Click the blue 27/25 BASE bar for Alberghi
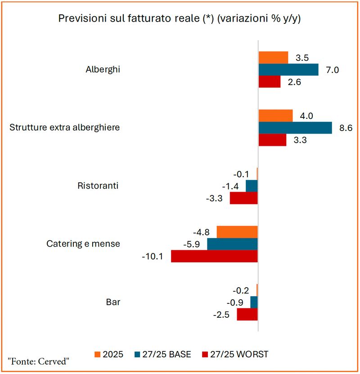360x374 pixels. coord(288,70)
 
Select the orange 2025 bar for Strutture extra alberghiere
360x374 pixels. coord(275,116)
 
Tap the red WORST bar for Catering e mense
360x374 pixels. coord(214,256)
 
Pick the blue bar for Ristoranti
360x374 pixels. coord(252,186)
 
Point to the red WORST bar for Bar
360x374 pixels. coord(247,315)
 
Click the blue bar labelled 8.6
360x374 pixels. coord(295,128)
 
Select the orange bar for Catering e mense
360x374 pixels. coord(237,232)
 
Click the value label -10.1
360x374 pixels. coord(153,257)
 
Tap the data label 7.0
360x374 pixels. coord(333,70)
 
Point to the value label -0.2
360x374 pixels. coord(241,290)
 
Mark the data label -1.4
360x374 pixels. coord(230,186)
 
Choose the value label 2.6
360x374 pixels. coord(294,82)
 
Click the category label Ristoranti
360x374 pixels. coord(98,185)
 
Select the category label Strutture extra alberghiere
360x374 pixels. coord(65,127)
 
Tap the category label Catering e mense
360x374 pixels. coord(83,244)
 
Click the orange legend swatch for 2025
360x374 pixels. coord(98,355)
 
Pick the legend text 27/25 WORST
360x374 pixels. coord(239,355)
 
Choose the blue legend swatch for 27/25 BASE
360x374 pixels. coord(137,355)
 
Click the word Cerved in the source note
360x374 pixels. coord(54,361)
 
